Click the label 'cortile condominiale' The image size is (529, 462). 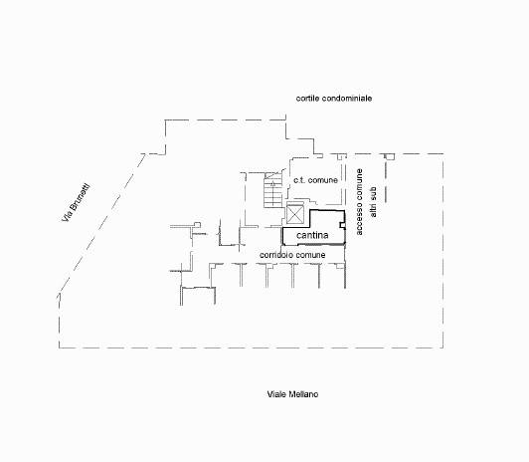334,99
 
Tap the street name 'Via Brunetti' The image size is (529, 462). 76,203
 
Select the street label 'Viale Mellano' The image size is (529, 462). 292,394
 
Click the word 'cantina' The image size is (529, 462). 312,235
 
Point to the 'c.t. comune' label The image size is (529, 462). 315,180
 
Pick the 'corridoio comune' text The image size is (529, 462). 292,255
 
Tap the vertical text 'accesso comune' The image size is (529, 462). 359,202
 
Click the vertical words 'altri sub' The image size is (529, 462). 373,202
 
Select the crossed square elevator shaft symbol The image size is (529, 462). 294,214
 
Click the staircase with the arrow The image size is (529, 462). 272,190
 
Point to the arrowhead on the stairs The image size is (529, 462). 272,184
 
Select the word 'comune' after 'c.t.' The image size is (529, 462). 323,180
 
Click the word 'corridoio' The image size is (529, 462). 276,255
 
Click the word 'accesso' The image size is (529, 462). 359,219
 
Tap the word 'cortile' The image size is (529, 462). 307,99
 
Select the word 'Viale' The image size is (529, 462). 276,394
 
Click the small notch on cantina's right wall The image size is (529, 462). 342,225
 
